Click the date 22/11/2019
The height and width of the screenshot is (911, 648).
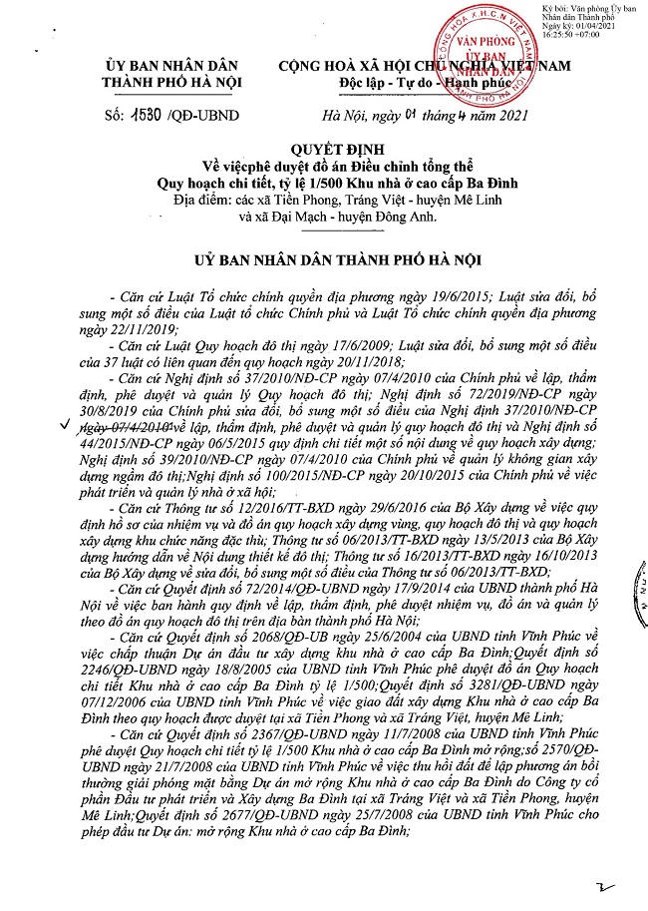coord(153,328)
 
